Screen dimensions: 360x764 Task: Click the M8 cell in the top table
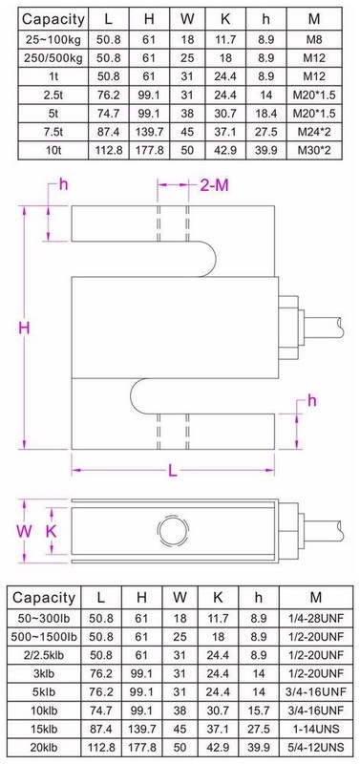(314, 39)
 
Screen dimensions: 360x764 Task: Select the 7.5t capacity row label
(53, 132)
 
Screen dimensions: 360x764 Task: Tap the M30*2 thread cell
(314, 151)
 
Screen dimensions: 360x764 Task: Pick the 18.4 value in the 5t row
(265, 114)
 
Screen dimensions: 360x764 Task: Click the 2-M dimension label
(214, 185)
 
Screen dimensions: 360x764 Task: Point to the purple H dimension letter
(25, 328)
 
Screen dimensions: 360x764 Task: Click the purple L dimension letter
(173, 470)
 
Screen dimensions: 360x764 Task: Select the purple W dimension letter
(25, 531)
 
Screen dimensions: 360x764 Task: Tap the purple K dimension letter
(52, 531)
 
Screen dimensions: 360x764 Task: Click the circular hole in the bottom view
(173, 530)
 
